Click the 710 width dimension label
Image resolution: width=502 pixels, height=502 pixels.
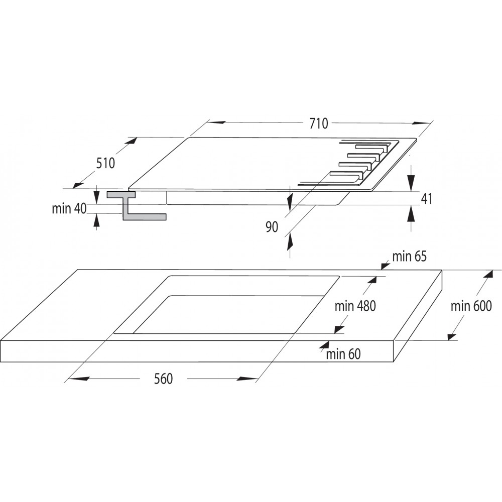coord(319,123)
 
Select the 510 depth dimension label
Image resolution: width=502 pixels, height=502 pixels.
coord(105,163)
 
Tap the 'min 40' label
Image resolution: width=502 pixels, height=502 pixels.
coord(69,208)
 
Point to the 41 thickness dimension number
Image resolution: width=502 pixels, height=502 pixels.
coord(426,199)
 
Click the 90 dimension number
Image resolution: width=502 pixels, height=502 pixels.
coord(272,227)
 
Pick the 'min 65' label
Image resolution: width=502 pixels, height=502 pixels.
coord(410,257)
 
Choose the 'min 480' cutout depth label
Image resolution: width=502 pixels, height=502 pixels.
coord(355,306)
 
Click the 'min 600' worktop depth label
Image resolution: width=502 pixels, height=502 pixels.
coord(471,306)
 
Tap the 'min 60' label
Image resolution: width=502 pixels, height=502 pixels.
coord(343,354)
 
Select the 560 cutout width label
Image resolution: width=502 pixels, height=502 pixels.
coord(163,379)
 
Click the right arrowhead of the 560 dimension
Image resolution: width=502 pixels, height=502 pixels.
coord(247,379)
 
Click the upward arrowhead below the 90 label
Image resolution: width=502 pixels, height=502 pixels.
coord(290,242)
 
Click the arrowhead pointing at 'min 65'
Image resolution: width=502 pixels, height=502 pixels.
coord(385,266)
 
